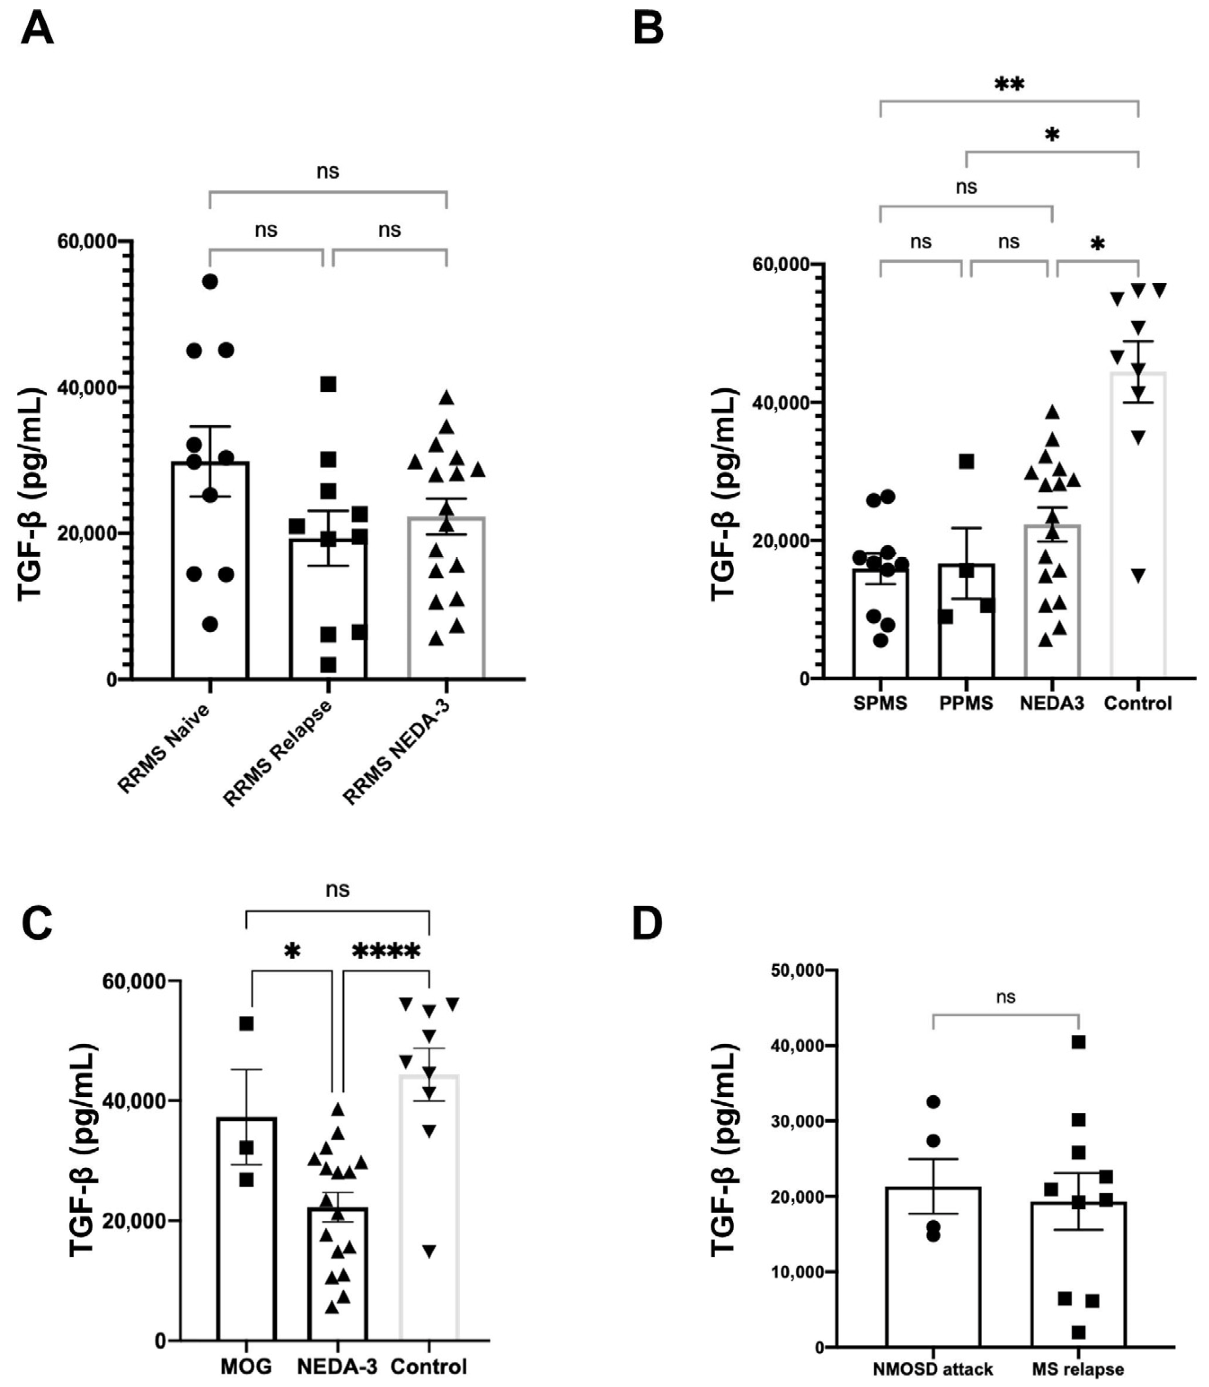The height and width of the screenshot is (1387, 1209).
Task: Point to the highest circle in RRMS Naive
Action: pos(211,281)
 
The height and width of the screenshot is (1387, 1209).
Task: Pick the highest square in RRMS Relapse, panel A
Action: pos(328,384)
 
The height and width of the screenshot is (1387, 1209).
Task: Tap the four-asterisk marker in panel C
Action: pos(386,953)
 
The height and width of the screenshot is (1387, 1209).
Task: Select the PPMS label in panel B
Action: pos(966,704)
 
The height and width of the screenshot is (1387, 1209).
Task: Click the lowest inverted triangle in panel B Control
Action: pos(1138,576)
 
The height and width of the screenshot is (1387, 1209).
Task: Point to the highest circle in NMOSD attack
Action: pos(933,1102)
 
